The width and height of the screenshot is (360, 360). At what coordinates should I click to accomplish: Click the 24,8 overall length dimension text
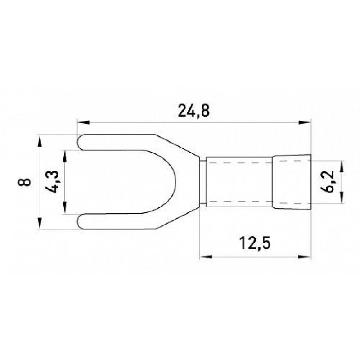coord(194,111)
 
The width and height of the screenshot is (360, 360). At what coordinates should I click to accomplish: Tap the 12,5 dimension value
coord(255,243)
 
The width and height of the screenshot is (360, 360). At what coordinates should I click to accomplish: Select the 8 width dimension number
coord(24,182)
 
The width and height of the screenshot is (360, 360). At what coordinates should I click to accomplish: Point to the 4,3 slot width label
coord(52,182)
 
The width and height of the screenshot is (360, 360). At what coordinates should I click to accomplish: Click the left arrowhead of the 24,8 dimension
coord(83,122)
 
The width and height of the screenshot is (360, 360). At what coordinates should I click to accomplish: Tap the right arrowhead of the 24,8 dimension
coord(305,122)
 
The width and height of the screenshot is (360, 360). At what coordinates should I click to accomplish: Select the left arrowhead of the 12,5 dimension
coord(206,256)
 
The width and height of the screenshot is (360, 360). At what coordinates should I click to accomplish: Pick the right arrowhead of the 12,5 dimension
coord(305,256)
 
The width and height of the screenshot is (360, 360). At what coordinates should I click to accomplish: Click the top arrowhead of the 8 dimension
coord(40,140)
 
